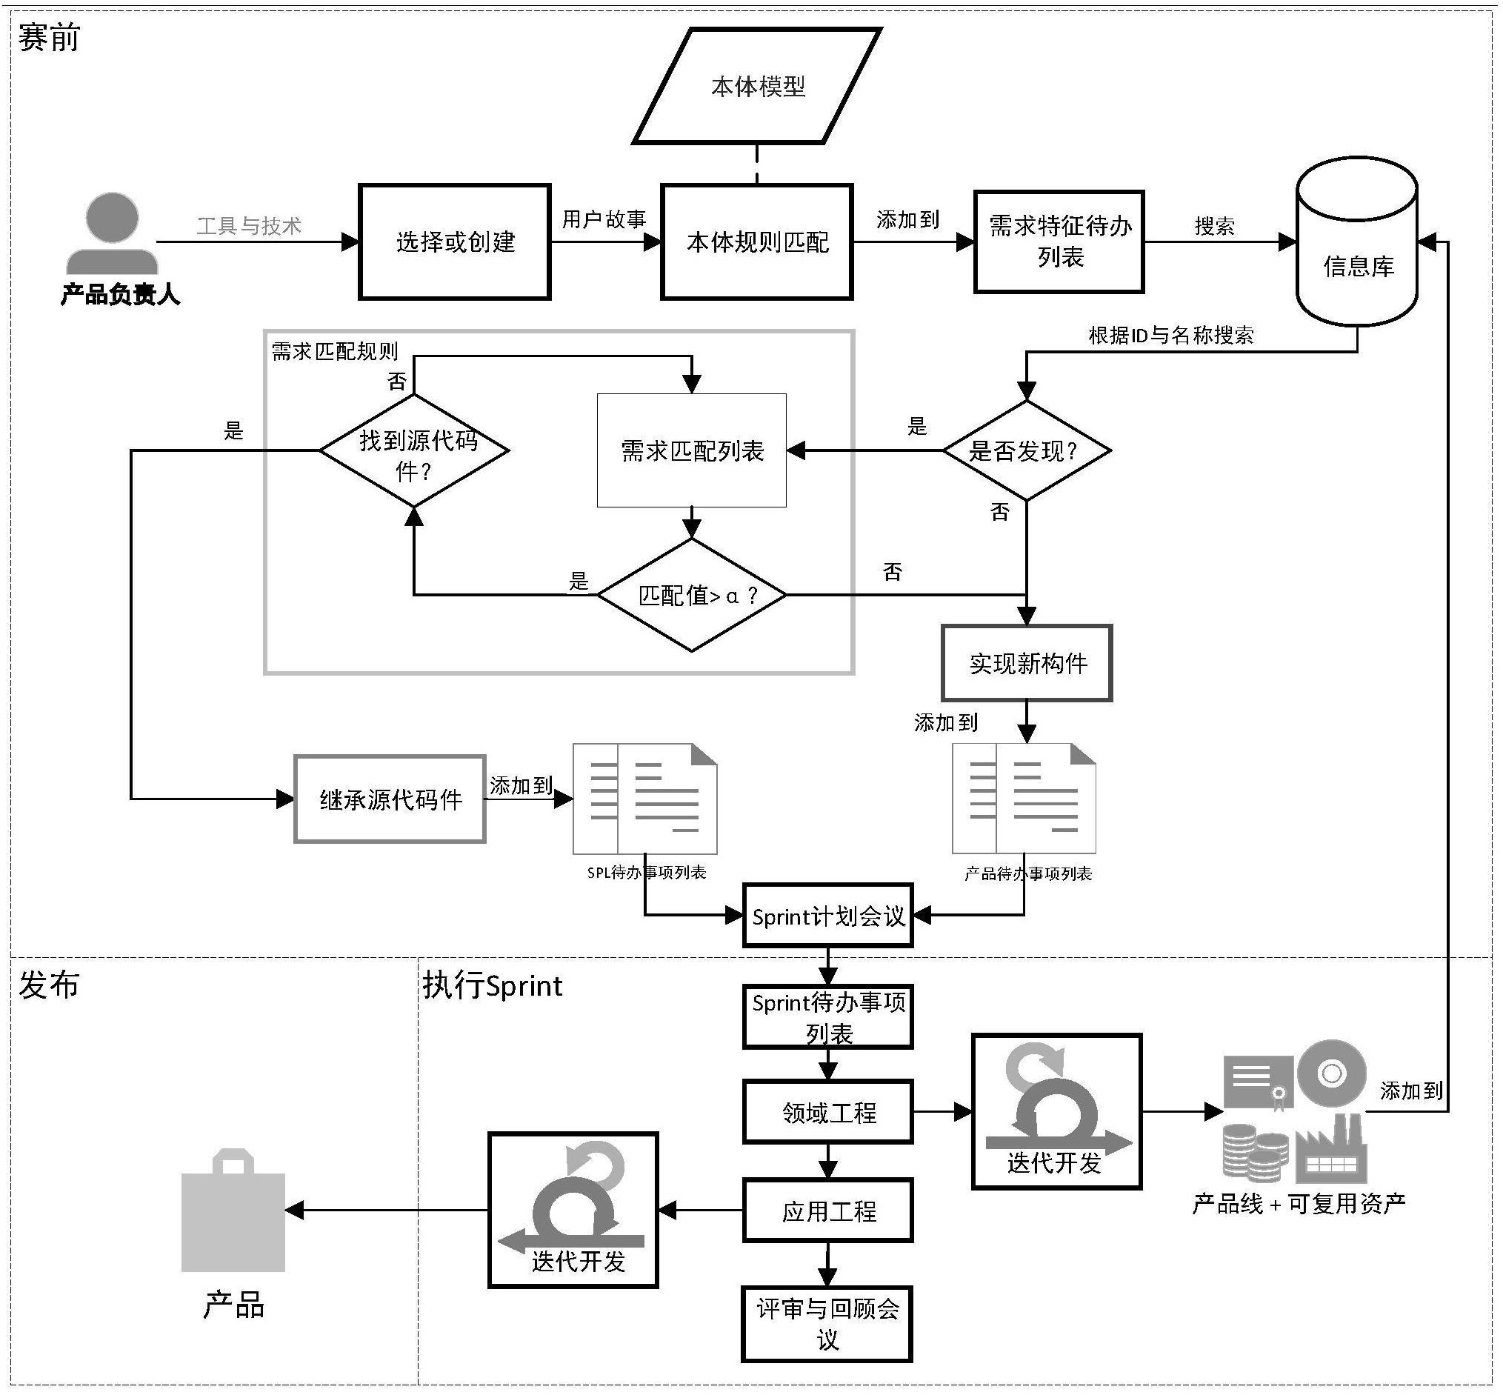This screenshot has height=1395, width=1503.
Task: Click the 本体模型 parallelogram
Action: point(757,86)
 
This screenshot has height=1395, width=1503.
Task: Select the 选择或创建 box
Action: point(454,242)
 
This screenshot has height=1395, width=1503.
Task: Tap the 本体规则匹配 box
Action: point(756,242)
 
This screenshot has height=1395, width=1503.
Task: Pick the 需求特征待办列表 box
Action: point(1059,242)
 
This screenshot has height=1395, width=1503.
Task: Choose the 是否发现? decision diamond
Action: point(1026,450)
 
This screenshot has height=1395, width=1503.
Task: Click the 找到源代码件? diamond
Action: point(414,450)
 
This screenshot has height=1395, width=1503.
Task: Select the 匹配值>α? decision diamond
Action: point(691,595)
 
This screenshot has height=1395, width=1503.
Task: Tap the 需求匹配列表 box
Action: point(691,450)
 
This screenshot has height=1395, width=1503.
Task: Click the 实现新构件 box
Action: point(1027,663)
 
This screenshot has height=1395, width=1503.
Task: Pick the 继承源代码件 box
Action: point(390,799)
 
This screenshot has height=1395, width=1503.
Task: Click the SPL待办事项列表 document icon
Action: point(644,799)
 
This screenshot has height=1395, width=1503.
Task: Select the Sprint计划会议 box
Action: point(828,916)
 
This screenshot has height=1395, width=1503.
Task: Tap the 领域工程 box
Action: point(828,1111)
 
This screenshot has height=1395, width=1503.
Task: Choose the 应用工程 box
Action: point(828,1210)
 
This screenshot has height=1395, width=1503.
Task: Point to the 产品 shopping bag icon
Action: point(233,1210)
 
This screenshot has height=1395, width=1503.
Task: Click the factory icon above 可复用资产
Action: point(1332,1151)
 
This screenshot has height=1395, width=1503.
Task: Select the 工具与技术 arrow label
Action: point(249,225)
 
